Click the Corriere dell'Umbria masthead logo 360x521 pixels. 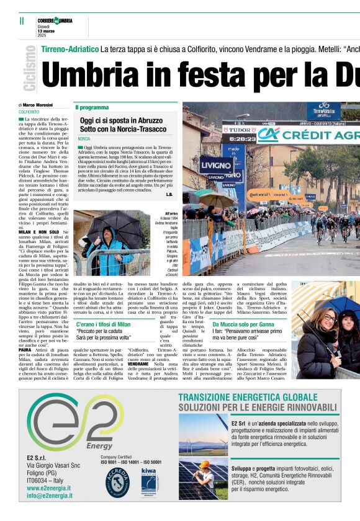click(54, 20)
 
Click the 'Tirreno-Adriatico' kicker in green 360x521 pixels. click(70, 48)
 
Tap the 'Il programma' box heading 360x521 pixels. click(92, 107)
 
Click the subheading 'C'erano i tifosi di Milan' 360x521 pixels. click(103, 324)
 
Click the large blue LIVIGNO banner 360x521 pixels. click(217, 166)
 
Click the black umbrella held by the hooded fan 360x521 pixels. click(109, 223)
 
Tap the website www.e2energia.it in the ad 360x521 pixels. click(49, 488)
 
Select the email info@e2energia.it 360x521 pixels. click(50, 496)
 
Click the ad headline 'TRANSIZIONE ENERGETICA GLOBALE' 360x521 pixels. click(248, 398)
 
